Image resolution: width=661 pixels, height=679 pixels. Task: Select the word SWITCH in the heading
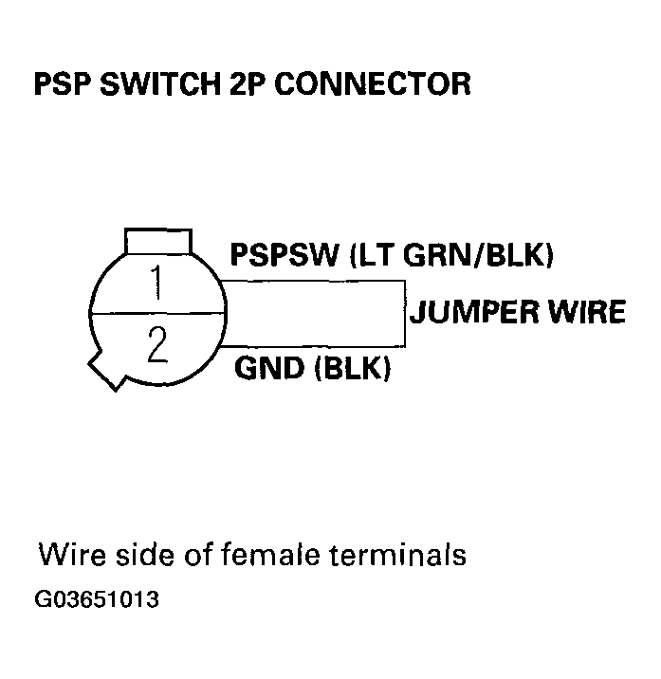click(156, 83)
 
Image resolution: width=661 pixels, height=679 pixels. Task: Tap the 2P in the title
click(248, 83)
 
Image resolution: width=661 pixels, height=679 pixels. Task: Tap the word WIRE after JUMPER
click(585, 312)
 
